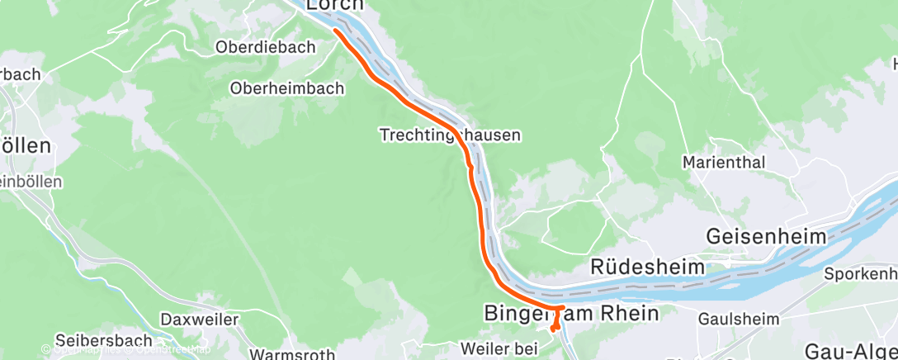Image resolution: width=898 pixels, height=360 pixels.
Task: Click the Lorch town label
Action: pyautogui.click(x=335, y=5)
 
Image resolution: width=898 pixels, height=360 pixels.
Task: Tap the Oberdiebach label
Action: pyautogui.click(x=266, y=47)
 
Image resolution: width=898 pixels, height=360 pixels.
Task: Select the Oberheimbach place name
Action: pyautogui.click(x=287, y=88)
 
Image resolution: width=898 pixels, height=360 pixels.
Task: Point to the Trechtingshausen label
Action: pyautogui.click(x=451, y=133)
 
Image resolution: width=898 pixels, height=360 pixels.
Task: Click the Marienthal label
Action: pyautogui.click(x=725, y=162)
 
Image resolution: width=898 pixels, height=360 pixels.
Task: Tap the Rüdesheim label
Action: pyautogui.click(x=649, y=267)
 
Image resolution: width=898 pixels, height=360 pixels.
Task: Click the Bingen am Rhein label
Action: pyautogui.click(x=571, y=314)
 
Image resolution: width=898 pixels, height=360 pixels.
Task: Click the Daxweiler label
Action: pyautogui.click(x=200, y=319)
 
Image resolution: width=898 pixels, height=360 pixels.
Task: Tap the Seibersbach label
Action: pyautogui.click(x=105, y=339)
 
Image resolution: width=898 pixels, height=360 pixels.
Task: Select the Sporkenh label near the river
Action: pyautogui.click(x=862, y=273)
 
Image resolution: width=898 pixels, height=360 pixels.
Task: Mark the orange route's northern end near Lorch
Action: pyautogui.click(x=336, y=31)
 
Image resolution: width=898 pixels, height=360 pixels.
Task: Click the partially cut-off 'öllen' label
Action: pyautogui.click(x=25, y=145)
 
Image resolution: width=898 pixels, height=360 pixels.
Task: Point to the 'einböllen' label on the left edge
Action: pyautogui.click(x=25, y=181)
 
